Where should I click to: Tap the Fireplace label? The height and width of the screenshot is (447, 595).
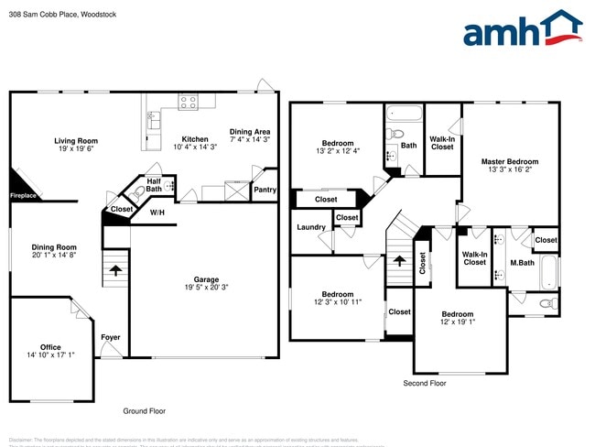24,195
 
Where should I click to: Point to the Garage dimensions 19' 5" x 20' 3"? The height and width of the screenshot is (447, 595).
205,288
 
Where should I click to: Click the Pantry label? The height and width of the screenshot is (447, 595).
265,190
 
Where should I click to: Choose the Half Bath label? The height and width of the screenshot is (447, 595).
154,185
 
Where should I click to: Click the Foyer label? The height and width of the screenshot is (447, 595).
110,338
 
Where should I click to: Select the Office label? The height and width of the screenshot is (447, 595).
50,347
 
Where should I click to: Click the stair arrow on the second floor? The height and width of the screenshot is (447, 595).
399,262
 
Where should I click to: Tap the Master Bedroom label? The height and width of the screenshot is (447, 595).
510,161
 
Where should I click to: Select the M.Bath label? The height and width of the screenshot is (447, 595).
523,263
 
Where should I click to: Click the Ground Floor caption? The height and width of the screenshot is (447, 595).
145,411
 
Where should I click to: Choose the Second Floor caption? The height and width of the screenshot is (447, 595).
425,383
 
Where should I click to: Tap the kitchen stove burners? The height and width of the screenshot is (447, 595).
189,103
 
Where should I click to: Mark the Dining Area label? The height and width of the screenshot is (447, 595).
249,131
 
